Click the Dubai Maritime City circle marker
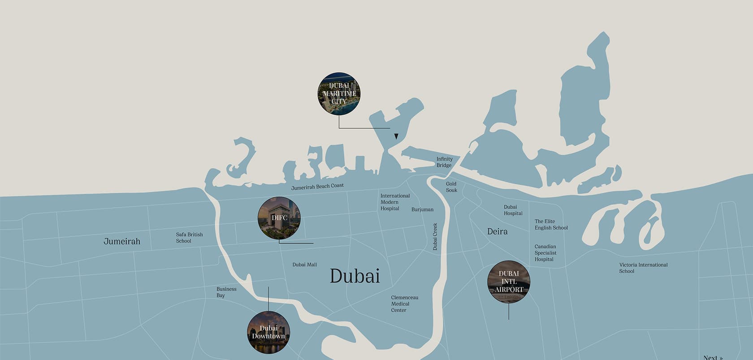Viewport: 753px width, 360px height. [x=339, y=94]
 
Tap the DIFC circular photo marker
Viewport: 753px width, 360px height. [x=279, y=218]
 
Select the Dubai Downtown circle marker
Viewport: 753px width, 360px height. [x=268, y=332]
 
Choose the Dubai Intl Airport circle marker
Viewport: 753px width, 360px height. [x=509, y=282]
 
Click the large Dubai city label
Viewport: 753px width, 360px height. [x=355, y=276]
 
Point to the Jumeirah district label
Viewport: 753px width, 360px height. [x=122, y=241]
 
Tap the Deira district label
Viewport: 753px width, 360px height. [x=497, y=231]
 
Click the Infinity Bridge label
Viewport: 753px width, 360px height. [x=444, y=162]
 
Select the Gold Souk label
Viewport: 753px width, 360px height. [x=451, y=187]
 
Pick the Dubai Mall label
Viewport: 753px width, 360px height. [x=304, y=265]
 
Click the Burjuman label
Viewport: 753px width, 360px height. [x=422, y=209]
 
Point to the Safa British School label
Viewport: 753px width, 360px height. [x=189, y=238]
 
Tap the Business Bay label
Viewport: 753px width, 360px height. [x=226, y=292]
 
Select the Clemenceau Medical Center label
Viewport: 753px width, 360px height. [x=404, y=304]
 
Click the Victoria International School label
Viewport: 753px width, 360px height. [x=643, y=268]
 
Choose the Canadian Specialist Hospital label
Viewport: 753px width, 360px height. [x=545, y=253]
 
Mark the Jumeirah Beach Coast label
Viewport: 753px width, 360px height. [x=317, y=187]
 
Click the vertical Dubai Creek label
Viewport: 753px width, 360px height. [x=435, y=236]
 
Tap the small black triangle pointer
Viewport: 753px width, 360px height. [x=396, y=136]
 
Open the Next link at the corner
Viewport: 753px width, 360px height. [x=713, y=357]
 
